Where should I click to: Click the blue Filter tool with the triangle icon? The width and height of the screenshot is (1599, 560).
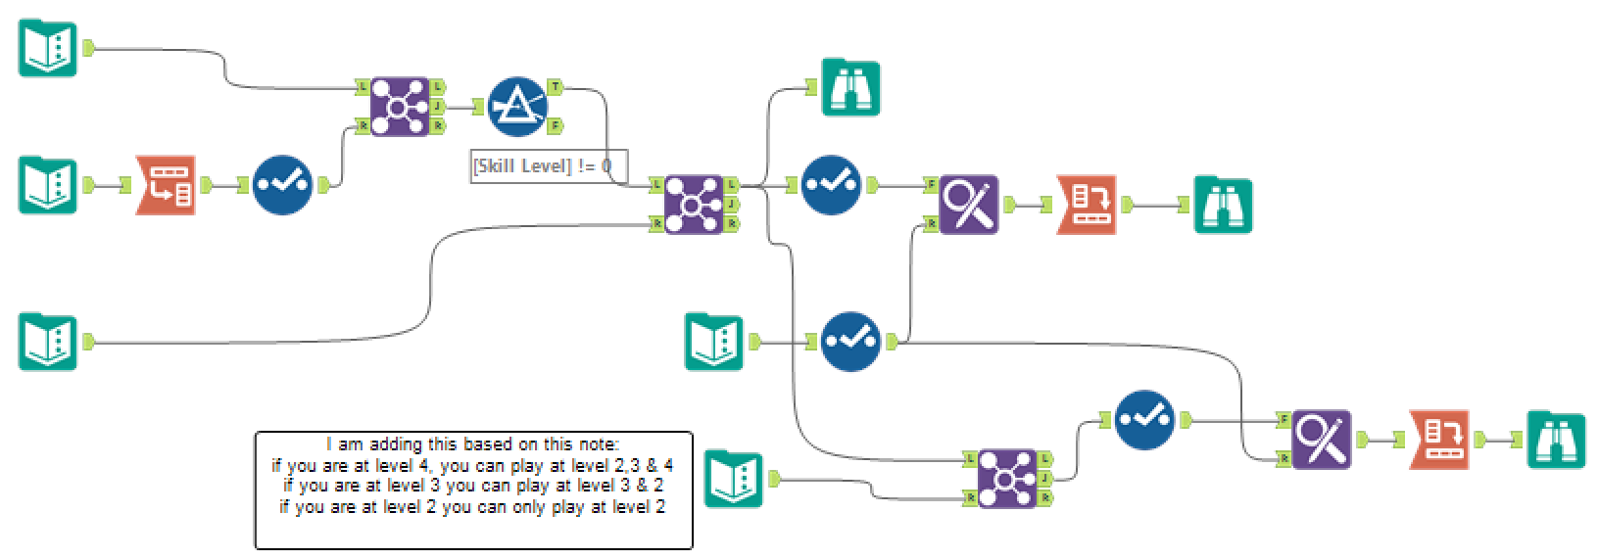coord(517,106)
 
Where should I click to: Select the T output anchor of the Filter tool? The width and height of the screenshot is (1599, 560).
coord(556,87)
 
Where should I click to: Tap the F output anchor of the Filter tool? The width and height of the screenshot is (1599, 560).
coord(556,125)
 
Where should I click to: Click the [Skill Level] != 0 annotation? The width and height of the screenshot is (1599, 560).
coord(547,166)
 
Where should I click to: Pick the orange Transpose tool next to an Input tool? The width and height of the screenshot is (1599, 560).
coord(165,184)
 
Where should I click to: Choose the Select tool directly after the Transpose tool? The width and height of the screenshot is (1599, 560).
coord(282,184)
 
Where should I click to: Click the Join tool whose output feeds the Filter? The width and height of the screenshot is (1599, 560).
coord(399,106)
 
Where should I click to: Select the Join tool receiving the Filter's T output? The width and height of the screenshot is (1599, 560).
coord(694,204)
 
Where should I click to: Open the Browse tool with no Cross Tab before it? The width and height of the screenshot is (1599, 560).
coord(850,88)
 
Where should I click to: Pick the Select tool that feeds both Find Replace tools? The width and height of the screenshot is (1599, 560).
coord(850,342)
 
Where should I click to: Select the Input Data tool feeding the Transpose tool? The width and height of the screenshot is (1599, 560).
coord(47,184)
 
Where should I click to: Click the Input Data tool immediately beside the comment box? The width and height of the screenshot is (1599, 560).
coord(733,478)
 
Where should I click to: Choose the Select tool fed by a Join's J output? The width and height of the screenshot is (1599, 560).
coord(1144,419)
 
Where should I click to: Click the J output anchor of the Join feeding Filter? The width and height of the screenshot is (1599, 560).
coord(438,106)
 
